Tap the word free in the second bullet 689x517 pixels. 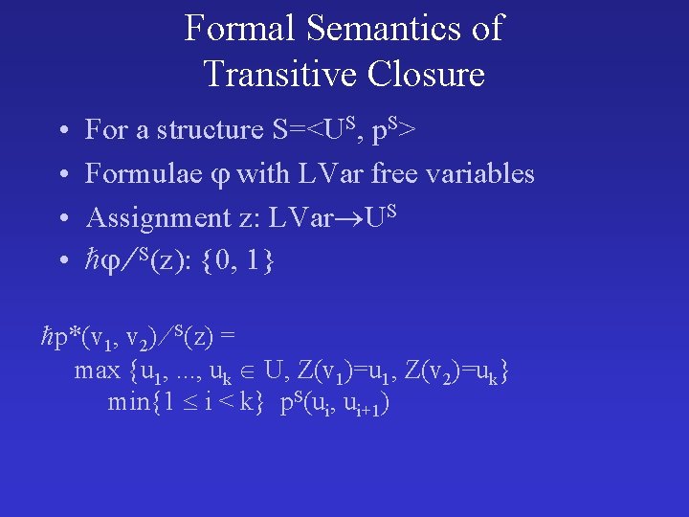tap(400, 173)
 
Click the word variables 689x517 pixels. tap(483, 173)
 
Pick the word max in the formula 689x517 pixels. tap(97, 370)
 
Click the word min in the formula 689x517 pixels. tap(127, 402)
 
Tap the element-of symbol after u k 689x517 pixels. tap(253, 371)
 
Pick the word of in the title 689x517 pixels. tap(485, 29)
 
